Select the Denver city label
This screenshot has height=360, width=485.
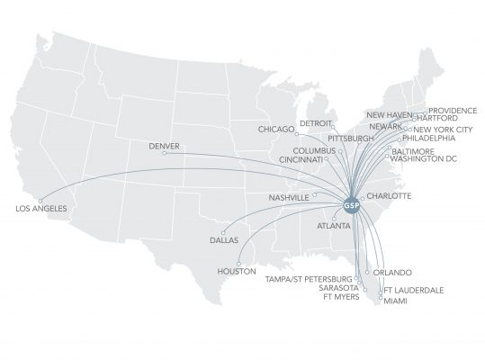click(164, 143)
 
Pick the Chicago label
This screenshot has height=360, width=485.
click(276, 129)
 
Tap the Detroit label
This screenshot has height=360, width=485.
click(316, 122)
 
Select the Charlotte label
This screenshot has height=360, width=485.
click(389, 195)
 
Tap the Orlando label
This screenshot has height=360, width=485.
click(392, 272)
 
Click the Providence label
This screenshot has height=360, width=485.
click(453, 111)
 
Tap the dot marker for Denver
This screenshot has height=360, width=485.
click(165, 152)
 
